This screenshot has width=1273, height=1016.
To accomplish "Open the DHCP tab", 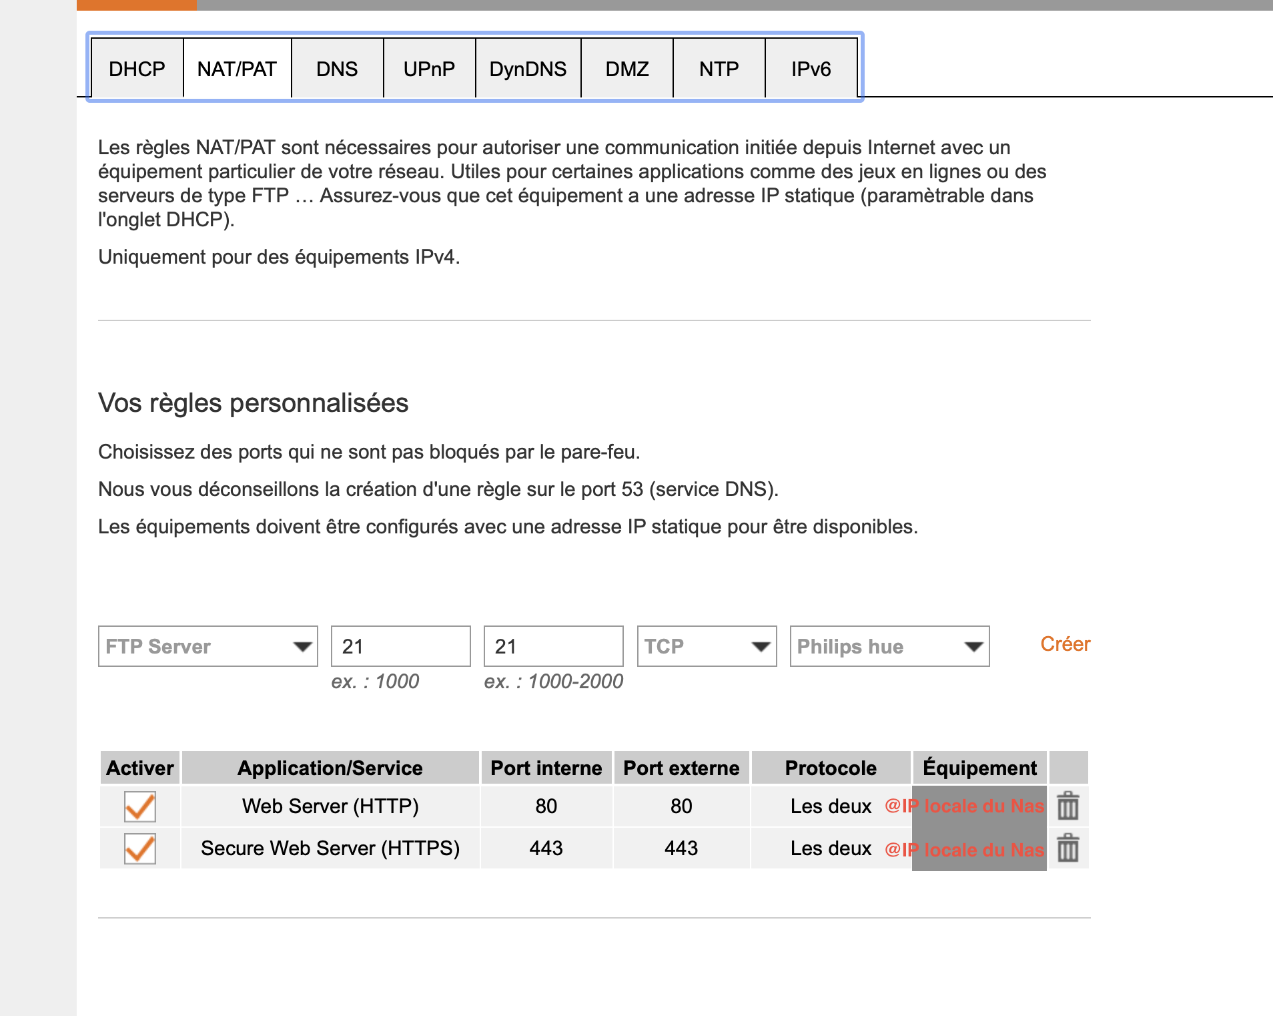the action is click(x=137, y=69).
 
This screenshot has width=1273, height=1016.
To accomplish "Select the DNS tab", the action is click(x=337, y=69).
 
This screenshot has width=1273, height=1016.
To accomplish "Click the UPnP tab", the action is click(x=429, y=69).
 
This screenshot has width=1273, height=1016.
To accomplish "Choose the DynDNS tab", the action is click(x=528, y=69).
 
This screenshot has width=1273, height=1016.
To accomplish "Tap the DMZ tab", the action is click(x=627, y=69).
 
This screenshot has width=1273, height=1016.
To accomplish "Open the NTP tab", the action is click(x=719, y=69).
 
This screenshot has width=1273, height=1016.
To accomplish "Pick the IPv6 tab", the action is click(x=811, y=69).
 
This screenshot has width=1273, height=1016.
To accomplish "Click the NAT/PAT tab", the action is click(x=237, y=69).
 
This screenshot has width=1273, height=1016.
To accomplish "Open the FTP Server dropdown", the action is click(x=208, y=646).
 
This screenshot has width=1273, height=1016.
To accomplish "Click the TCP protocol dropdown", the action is click(x=707, y=646).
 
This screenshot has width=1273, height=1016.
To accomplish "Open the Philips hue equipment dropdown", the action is click(x=890, y=646).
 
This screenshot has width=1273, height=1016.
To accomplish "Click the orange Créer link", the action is click(x=1066, y=644).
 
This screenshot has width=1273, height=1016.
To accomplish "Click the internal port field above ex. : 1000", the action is click(x=401, y=646).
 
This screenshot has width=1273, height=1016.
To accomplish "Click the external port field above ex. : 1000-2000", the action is click(x=554, y=646).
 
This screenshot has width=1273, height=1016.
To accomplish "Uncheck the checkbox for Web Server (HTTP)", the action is click(x=140, y=806).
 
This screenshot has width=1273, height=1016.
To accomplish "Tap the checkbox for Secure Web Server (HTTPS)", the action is click(x=140, y=848).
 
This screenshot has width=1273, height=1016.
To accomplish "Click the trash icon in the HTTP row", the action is click(x=1068, y=806).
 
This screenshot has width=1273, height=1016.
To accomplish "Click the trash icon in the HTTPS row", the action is click(x=1068, y=848).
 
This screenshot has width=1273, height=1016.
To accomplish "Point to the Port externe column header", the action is click(x=681, y=768).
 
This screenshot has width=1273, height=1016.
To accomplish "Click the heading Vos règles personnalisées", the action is click(x=254, y=403).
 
